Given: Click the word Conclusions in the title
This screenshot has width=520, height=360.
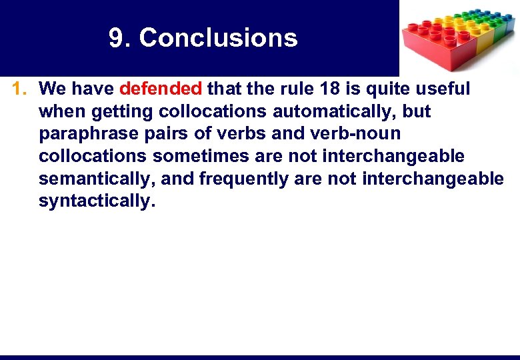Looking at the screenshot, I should [x=218, y=38].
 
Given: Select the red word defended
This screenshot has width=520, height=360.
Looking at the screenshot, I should [x=161, y=89].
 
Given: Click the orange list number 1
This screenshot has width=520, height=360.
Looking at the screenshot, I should [x=19, y=89].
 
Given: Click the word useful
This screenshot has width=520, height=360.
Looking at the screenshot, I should [x=441, y=89].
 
